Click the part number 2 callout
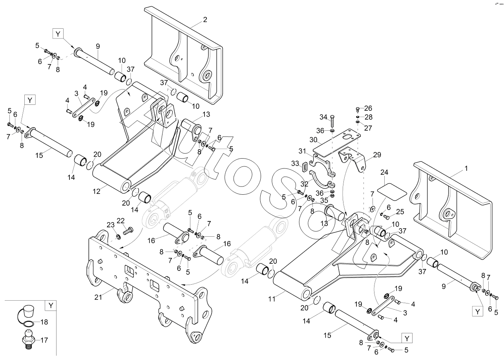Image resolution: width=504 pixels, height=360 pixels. (x=205, y=19)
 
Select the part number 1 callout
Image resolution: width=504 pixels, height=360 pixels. (x=466, y=168)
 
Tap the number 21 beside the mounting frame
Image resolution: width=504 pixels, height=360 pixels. (x=98, y=297)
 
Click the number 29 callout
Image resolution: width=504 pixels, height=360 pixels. (x=377, y=155)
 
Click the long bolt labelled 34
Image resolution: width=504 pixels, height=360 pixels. (x=332, y=122)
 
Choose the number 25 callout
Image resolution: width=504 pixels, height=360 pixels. (x=400, y=212)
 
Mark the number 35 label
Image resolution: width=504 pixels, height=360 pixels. (x=324, y=200)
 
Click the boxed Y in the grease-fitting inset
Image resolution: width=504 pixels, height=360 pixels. (x=51, y=305)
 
